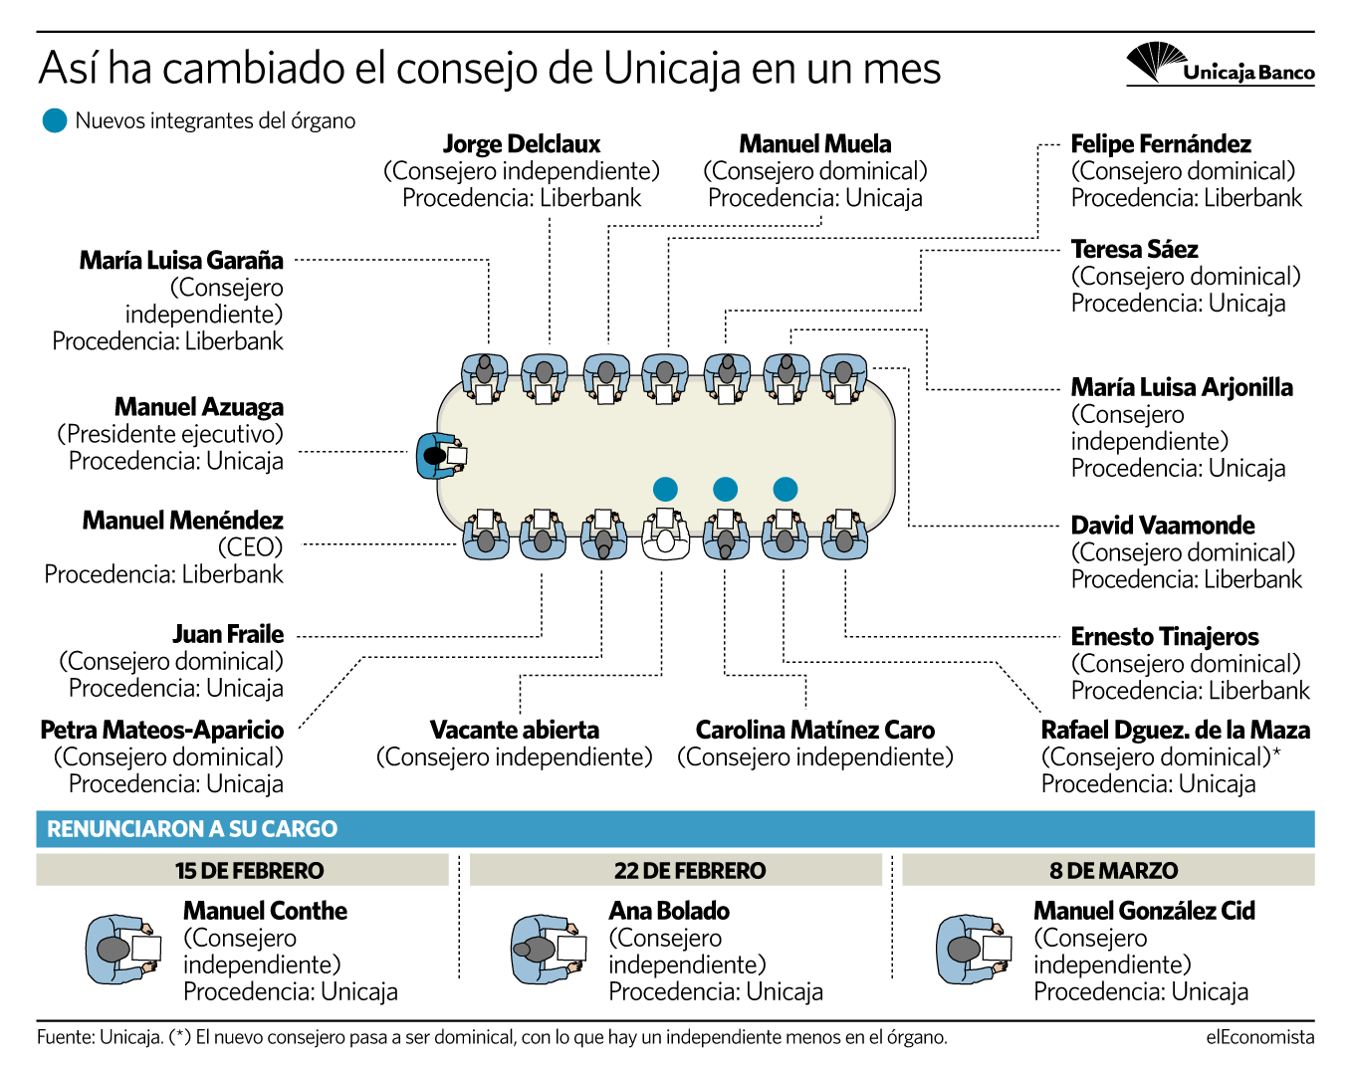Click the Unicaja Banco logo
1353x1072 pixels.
tap(1219, 64)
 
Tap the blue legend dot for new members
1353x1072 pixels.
tap(55, 120)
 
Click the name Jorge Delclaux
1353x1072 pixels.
tap(522, 144)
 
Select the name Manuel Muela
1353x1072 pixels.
tap(814, 144)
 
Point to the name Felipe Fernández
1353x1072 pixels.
tap(1161, 144)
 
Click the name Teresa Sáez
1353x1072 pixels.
tap(1134, 250)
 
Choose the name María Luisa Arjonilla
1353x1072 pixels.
tap(1182, 388)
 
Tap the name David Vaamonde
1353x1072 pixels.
tap(1163, 525)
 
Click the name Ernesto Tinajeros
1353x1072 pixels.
tap(1165, 637)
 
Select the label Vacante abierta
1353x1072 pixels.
tap(515, 730)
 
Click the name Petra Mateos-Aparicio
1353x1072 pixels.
tap(162, 730)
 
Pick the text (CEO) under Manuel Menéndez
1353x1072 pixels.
tap(250, 547)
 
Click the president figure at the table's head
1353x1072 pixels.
tap(441, 456)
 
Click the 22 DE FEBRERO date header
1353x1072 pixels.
tap(690, 871)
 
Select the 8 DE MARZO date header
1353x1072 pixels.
tap(1113, 871)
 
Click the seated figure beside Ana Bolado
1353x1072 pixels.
tap(549, 950)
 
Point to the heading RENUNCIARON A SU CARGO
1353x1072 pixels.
tap(192, 829)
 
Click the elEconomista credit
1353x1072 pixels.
tap(1260, 1037)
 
